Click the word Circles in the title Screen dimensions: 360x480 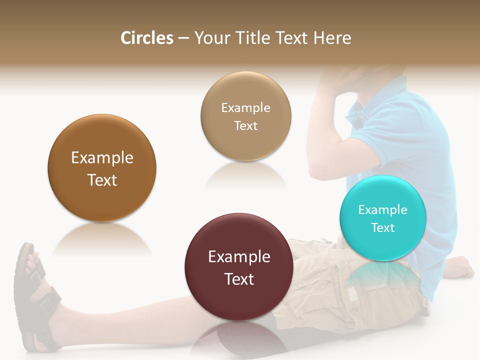pyautogui.click(x=147, y=38)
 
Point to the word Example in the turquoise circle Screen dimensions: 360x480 pyautogui.click(x=382, y=210)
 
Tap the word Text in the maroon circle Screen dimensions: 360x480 pyautogui.click(x=239, y=279)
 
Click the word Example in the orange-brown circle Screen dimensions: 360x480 pyautogui.click(x=102, y=158)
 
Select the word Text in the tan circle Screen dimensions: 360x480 pyautogui.click(x=245, y=125)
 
